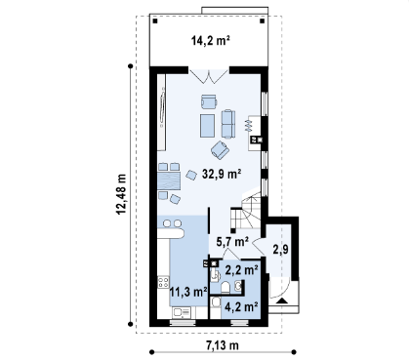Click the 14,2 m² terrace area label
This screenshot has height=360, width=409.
211,41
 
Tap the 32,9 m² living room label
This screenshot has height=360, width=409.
222,174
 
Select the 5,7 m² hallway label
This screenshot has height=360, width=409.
232,242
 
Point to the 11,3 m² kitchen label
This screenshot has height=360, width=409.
188,292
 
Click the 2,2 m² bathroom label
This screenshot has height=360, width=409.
242,270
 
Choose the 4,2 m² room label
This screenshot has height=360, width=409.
242,306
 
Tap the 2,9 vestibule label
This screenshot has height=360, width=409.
280,250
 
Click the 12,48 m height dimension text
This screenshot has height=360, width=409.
121,194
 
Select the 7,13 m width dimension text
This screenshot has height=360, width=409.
223,345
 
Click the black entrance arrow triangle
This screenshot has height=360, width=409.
282,300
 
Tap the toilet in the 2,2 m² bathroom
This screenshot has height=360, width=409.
225,287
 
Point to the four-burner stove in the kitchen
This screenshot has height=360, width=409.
163,282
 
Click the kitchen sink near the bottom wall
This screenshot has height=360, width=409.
182,312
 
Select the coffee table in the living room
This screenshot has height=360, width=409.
207,126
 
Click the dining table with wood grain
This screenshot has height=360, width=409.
169,180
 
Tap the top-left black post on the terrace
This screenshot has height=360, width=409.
155,21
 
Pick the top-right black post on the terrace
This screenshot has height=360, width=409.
263,21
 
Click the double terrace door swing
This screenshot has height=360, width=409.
209,76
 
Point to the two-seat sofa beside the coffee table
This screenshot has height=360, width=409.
228,124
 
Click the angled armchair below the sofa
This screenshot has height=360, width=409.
221,150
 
